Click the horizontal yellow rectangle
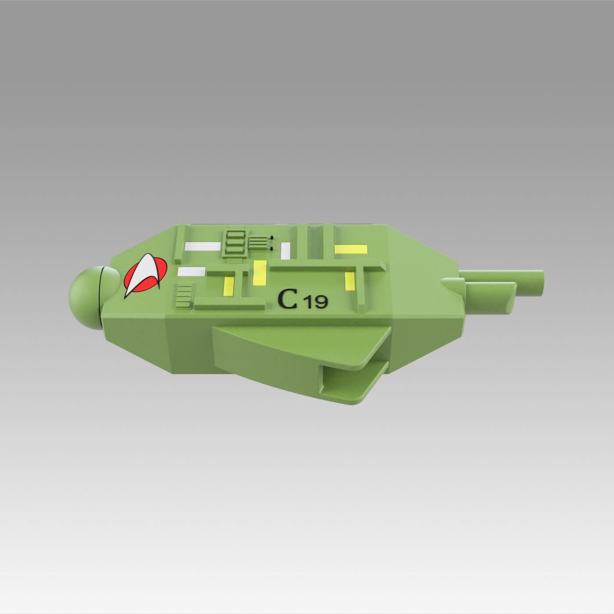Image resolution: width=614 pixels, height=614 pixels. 350,249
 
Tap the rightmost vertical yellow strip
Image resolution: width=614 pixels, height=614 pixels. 350,281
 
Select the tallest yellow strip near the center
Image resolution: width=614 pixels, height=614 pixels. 260,271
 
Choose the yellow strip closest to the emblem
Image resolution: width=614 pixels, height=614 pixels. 229,286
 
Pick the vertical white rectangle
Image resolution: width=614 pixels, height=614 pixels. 286,250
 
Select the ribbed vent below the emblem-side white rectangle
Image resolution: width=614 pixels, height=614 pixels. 184,295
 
